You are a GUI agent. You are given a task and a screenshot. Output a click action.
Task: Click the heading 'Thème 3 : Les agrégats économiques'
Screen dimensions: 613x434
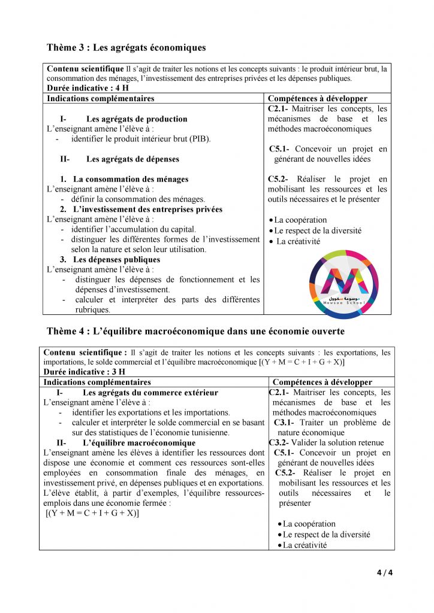pos(126,47)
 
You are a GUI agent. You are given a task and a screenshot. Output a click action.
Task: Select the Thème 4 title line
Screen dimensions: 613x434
pos(195,331)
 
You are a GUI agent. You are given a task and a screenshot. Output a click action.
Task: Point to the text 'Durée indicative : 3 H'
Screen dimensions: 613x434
pos(81,372)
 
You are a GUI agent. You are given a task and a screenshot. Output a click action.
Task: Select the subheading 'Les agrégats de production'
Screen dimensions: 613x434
pos(137,119)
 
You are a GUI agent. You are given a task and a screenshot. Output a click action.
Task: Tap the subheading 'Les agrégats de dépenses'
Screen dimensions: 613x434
pos(132,159)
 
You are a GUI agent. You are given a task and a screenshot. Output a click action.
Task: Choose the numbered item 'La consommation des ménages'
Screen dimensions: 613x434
pos(131,179)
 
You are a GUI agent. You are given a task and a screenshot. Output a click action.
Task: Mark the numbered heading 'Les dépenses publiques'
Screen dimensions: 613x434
pos(116,260)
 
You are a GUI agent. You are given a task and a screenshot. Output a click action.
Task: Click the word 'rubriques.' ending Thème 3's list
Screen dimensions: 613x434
pos(92,310)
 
